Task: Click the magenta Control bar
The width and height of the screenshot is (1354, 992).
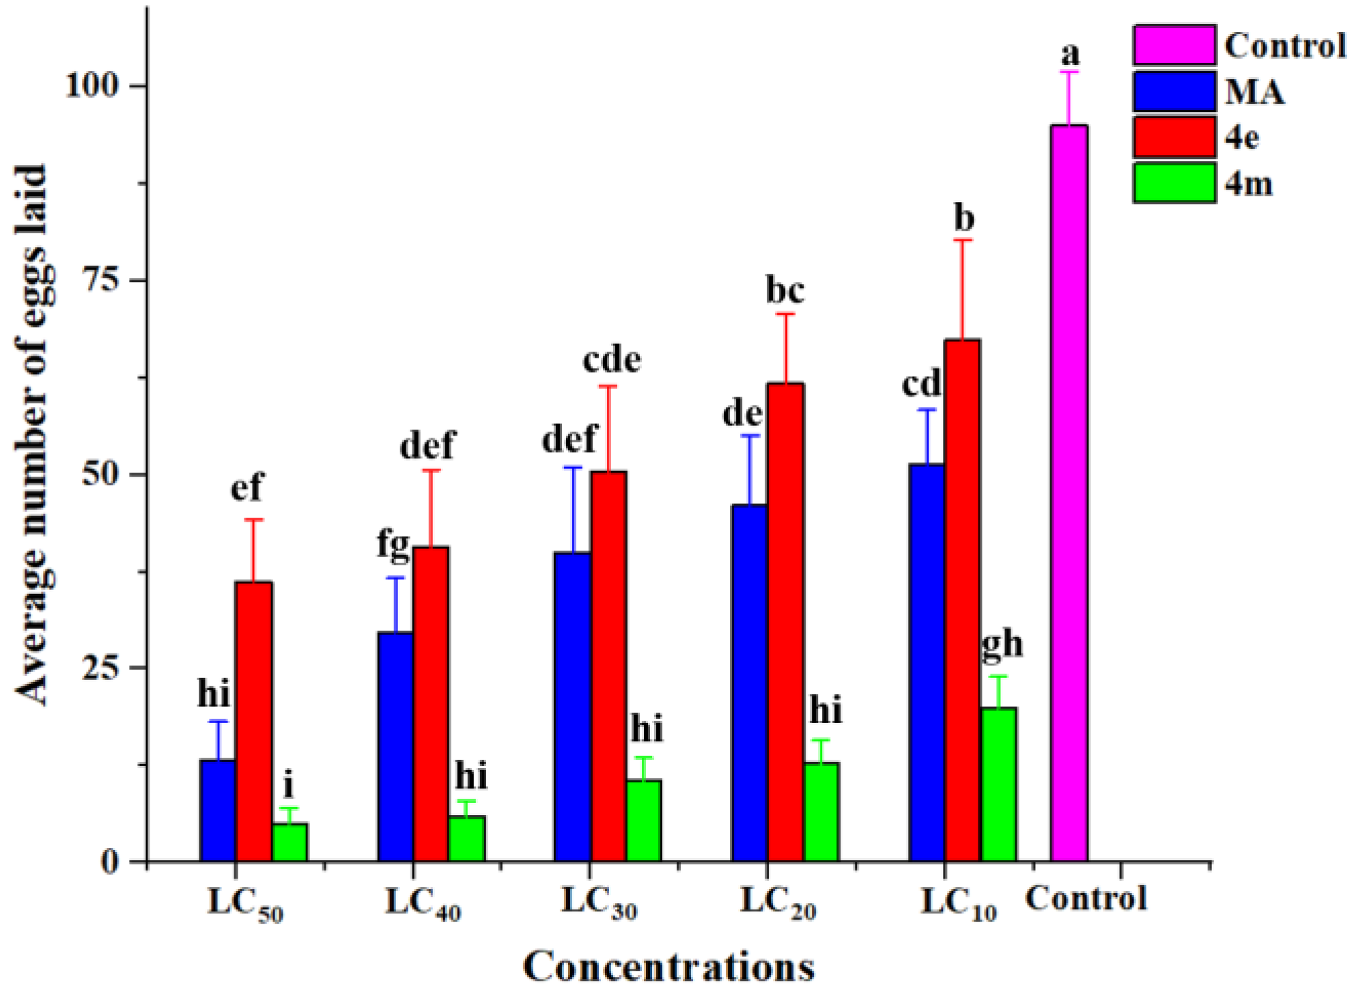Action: [1069, 492]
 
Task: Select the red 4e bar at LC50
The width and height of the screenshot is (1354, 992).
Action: [253, 720]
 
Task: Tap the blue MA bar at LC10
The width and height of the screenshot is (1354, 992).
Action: [927, 662]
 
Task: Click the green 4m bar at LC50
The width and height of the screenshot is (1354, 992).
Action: [290, 841]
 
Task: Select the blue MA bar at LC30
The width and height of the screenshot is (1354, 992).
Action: [572, 707]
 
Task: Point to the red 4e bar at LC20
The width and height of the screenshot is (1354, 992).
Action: [785, 621]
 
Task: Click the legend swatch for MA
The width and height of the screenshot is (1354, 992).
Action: [1174, 91]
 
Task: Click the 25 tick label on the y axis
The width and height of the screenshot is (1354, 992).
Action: [100, 668]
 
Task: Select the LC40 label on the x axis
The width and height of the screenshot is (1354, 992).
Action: [423, 903]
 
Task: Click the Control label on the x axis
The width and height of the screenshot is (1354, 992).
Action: [1086, 898]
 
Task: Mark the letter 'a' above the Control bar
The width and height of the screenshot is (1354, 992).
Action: [1070, 53]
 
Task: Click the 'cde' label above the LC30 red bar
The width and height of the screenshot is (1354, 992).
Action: [612, 360]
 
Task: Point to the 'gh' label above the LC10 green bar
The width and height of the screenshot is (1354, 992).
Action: [1002, 644]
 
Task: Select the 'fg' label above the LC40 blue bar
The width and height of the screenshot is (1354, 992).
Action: [393, 545]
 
